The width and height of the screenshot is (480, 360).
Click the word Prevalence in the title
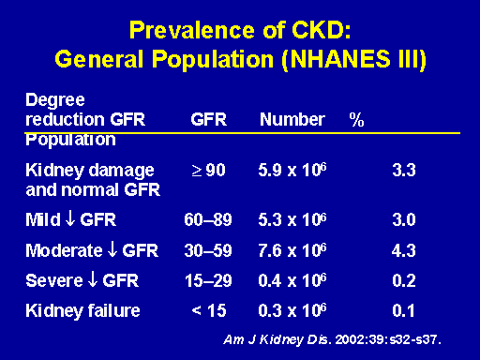click(192, 31)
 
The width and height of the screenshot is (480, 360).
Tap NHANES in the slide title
click(340, 59)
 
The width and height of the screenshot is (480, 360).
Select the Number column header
click(292, 119)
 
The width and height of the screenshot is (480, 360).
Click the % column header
click(356, 119)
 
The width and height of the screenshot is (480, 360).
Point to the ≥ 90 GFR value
click(208, 171)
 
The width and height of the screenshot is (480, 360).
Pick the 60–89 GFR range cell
click(208, 219)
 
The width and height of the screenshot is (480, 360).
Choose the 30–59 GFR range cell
click(208, 250)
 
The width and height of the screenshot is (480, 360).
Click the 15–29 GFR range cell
click(208, 280)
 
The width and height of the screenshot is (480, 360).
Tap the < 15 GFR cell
click(209, 310)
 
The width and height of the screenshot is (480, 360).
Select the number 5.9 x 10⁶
click(292, 170)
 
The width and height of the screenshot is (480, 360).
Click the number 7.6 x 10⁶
click(292, 249)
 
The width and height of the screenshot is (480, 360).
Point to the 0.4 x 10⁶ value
click(292, 279)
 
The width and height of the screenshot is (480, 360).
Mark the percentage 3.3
click(404, 171)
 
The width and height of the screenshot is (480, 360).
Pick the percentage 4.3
click(404, 250)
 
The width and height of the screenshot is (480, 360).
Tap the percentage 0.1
click(403, 310)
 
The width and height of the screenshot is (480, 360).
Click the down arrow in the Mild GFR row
click(70, 218)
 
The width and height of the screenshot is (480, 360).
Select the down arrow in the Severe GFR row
click(93, 279)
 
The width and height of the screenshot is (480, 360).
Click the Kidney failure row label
click(82, 311)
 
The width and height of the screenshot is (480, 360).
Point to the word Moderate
click(64, 250)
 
